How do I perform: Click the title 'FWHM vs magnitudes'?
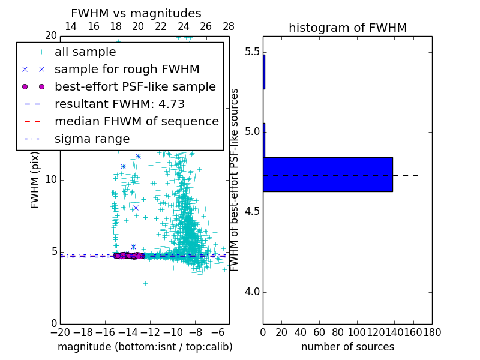click(136, 14)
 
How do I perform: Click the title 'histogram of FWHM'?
click(347, 28)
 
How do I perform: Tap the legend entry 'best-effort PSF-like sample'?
click(135, 86)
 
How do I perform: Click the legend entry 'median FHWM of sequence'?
click(136, 121)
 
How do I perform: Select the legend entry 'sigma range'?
click(92, 139)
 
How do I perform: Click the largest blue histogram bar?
click(328, 175)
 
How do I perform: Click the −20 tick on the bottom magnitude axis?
click(60, 332)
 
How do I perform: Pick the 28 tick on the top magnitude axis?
click(229, 26)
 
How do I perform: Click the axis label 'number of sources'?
click(347, 347)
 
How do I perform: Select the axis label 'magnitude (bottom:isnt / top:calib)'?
click(145, 347)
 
